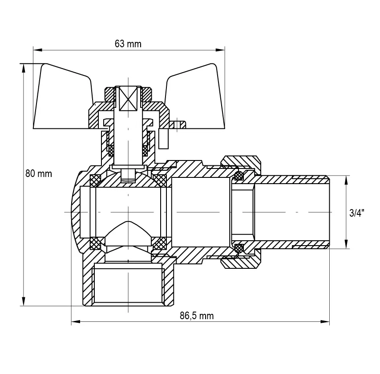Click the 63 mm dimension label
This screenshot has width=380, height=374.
[128, 44]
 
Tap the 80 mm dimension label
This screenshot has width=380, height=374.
[39, 174]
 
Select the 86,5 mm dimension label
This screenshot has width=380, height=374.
[197, 316]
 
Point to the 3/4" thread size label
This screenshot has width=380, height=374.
[357, 213]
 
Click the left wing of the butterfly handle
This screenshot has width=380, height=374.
[62, 97]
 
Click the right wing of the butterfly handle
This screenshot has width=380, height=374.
[194, 97]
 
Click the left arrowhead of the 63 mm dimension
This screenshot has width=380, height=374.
[38, 50]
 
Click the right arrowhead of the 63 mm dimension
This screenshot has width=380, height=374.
[220, 50]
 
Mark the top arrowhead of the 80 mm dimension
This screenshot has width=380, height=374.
[24, 69]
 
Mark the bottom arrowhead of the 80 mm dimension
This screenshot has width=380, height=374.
[24, 301]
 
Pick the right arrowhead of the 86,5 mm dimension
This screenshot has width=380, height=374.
[325, 322]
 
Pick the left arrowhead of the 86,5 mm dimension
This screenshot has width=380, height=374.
[76, 322]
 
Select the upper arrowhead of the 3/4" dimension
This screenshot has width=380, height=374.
[346, 180]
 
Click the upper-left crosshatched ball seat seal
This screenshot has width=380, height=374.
[95, 181]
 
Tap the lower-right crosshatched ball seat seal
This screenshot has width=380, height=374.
[159, 243]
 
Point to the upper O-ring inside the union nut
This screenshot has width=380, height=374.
[239, 176]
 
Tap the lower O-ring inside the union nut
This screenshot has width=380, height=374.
[239, 248]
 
